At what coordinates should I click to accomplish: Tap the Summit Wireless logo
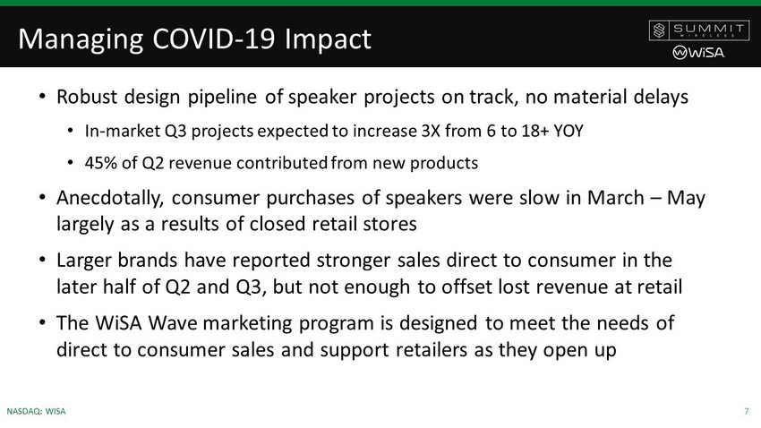699,30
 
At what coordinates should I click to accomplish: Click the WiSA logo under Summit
698,53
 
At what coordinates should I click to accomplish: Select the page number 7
747,412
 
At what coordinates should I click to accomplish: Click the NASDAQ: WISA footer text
36,412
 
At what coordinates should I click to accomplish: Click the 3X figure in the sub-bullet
431,131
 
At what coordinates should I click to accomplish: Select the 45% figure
101,163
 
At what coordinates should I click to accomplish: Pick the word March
616,198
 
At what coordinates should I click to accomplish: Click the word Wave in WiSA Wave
173,323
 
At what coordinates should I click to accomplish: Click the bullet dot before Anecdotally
43,198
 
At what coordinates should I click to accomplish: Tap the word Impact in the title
328,39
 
